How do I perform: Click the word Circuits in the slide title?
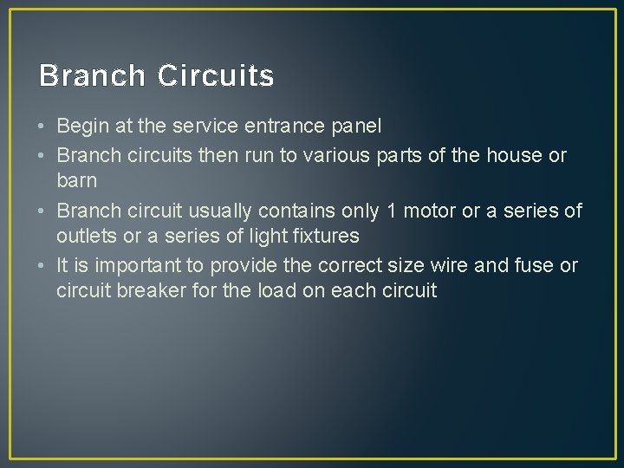coord(216,76)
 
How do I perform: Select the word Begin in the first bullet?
coord(83,127)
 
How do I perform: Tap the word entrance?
coord(285,127)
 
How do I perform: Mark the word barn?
coord(76,180)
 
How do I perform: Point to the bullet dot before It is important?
coord(42,266)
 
